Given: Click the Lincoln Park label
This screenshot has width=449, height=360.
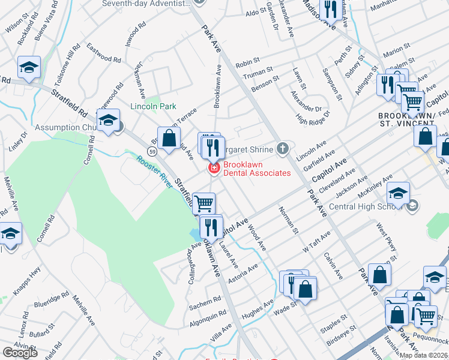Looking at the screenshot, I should (154, 106).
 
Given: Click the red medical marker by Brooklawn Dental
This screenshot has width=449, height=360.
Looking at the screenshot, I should (212, 169).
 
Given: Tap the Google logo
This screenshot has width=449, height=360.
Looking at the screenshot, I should (20, 353).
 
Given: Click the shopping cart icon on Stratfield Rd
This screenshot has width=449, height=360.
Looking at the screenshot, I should (204, 203).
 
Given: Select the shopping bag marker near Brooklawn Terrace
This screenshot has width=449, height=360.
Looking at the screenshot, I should (169, 137).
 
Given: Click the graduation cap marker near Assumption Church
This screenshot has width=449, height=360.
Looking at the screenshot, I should (109, 121).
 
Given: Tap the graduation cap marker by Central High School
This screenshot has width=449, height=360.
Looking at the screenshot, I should (397, 193).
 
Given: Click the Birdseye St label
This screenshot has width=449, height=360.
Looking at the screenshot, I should (342, 337).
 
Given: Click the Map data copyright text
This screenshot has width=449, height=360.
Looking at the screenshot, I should (424, 355).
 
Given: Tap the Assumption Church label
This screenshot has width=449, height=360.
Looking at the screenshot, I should (66, 127).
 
